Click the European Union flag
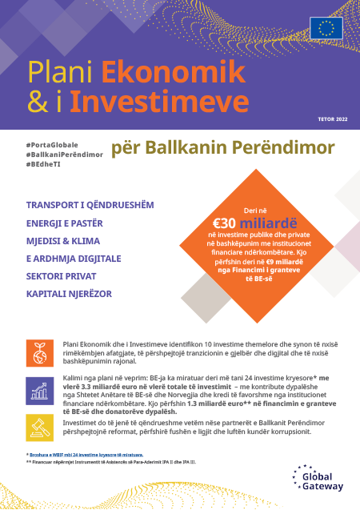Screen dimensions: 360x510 click(x=327, y=28)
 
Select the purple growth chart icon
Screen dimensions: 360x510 click(x=39, y=389)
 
